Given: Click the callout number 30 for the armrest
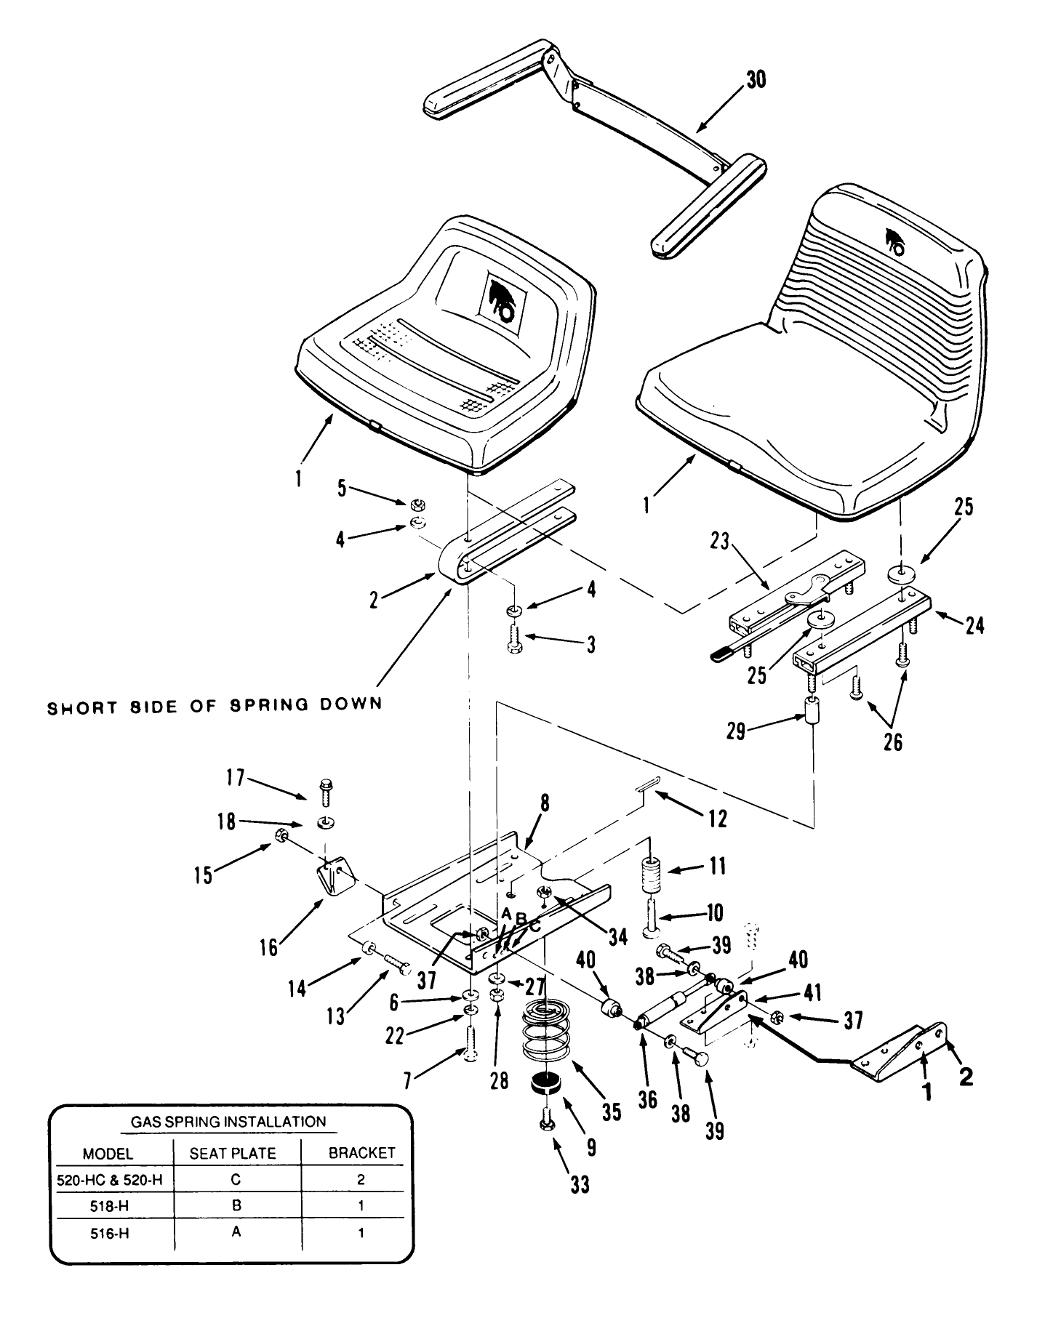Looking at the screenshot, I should [756, 79].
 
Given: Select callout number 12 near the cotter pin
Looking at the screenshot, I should [718, 819].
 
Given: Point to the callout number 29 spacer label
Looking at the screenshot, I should [737, 730].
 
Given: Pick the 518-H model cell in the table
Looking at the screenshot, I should [111, 1205].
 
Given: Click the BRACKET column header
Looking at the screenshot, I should [361, 1153].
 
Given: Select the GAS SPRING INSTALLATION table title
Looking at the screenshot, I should [228, 1121].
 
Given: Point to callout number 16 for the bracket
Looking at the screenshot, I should [269, 948].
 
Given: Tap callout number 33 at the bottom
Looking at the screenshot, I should [580, 1185].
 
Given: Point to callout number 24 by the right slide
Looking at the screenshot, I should [975, 624].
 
